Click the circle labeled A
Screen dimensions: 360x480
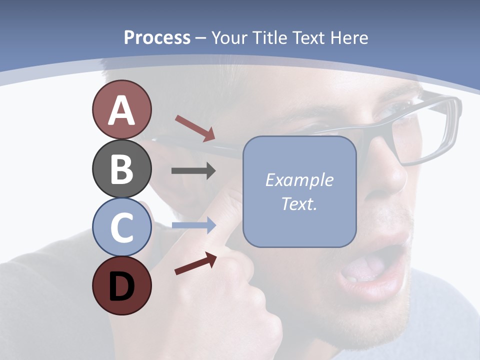click(121, 110)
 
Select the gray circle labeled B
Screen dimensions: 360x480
click(121, 168)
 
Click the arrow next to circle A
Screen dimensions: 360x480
click(194, 128)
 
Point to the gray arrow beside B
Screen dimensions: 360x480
click(193, 171)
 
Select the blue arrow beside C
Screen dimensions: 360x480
click(193, 225)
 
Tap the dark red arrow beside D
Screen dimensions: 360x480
click(195, 264)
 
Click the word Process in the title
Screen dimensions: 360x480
click(157, 37)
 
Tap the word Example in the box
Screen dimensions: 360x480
click(299, 180)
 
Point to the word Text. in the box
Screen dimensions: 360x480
click(299, 203)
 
